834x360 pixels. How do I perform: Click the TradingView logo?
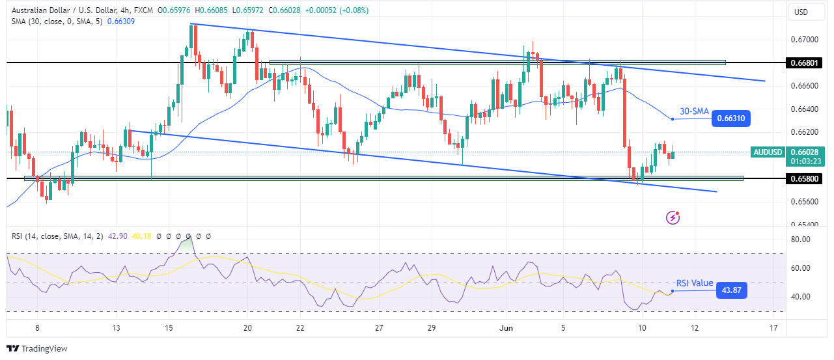coord(37,348)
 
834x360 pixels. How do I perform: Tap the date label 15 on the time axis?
coord(169,328)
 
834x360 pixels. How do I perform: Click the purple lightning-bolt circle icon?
coord(673,217)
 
